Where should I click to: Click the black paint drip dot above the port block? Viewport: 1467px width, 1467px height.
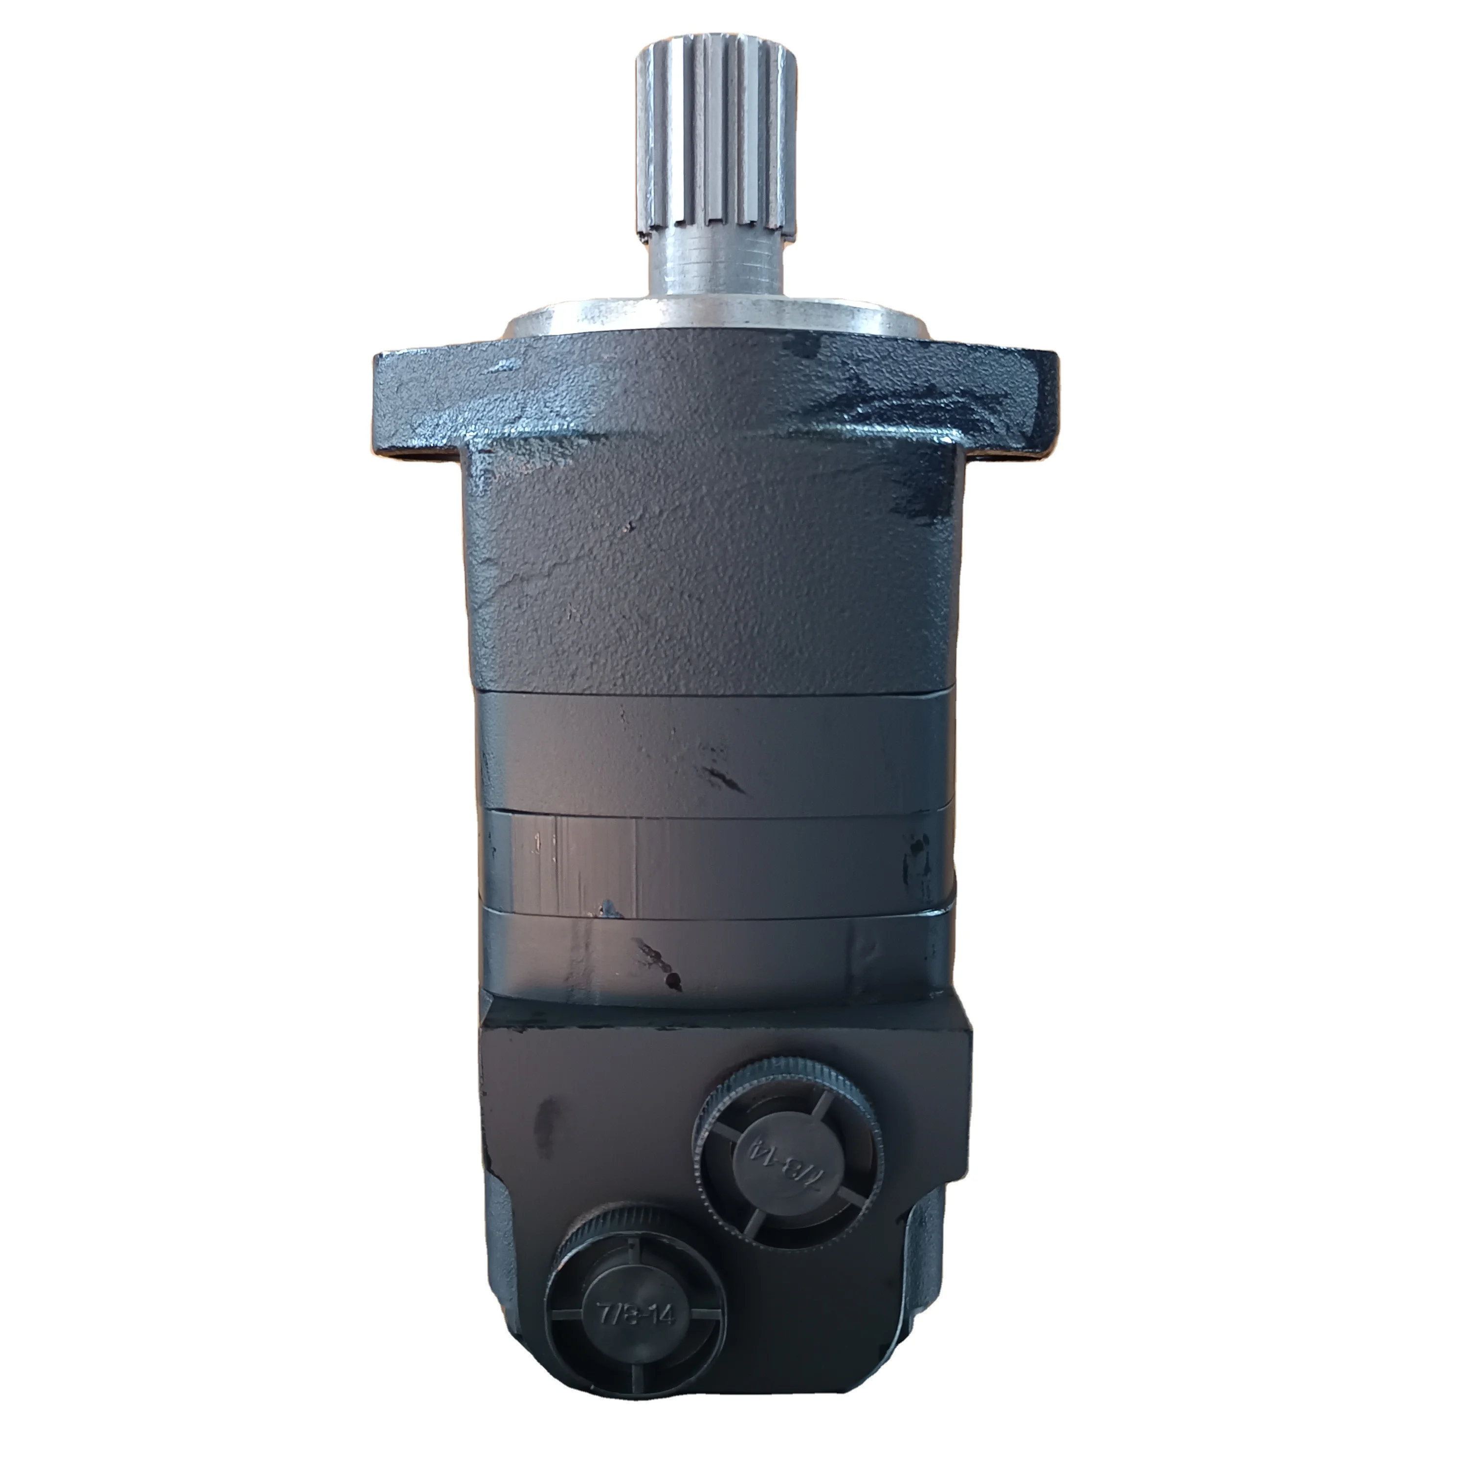click(671, 982)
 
